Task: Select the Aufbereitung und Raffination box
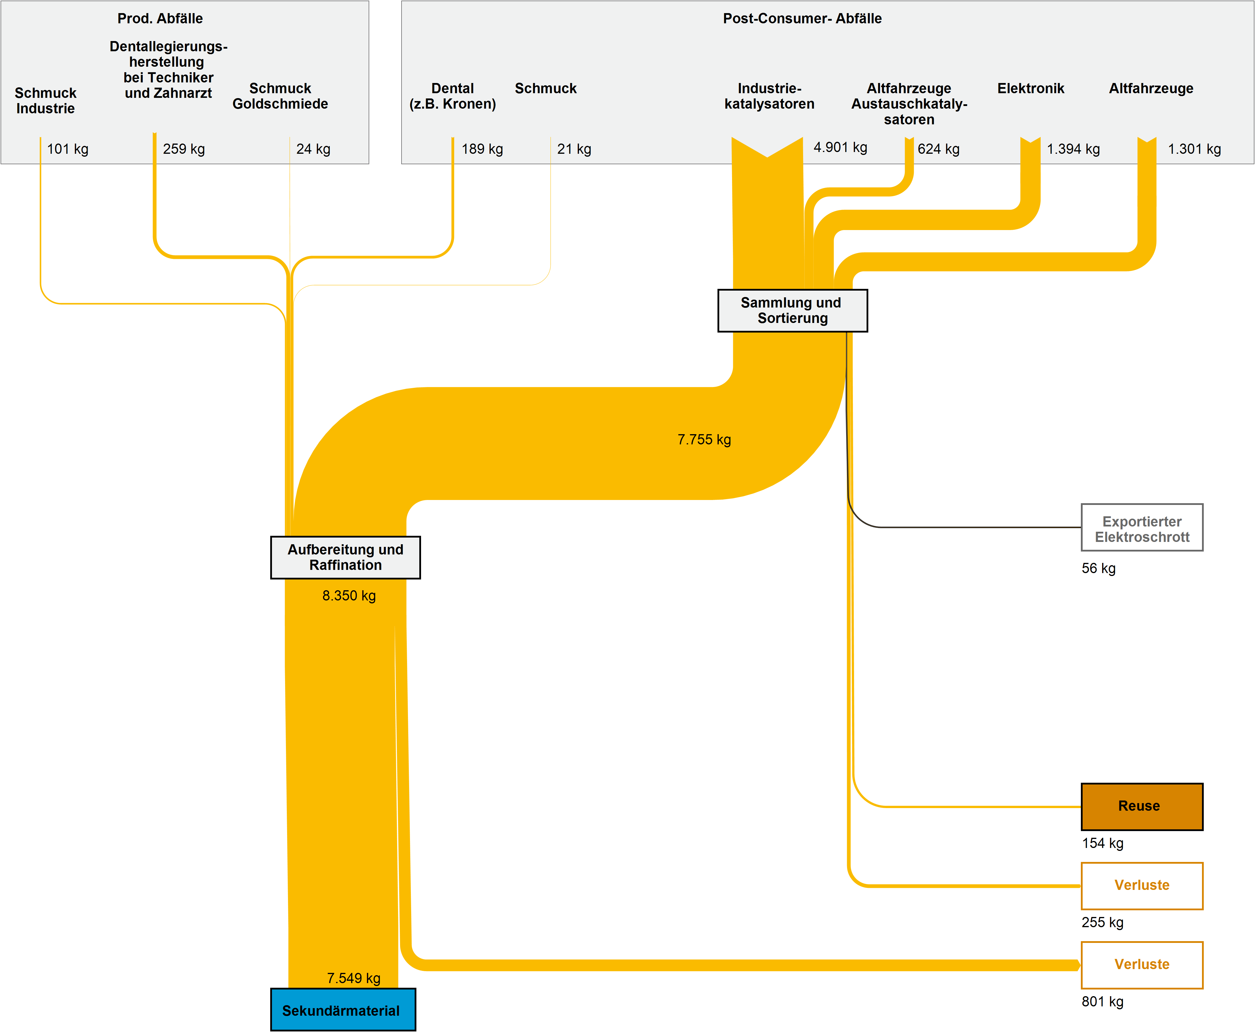(x=345, y=557)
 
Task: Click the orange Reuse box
(x=1141, y=806)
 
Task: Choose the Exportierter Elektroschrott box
(x=1141, y=527)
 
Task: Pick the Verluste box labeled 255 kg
(x=1141, y=885)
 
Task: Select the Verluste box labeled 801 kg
(x=1141, y=964)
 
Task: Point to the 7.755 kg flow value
(x=704, y=439)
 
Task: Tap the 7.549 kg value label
(x=354, y=978)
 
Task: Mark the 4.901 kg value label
(x=840, y=147)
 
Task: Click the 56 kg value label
(x=1098, y=568)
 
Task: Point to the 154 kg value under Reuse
(x=1102, y=843)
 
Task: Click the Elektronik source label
(x=1030, y=89)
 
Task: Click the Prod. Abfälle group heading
(x=160, y=18)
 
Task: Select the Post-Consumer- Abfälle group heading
(x=802, y=18)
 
